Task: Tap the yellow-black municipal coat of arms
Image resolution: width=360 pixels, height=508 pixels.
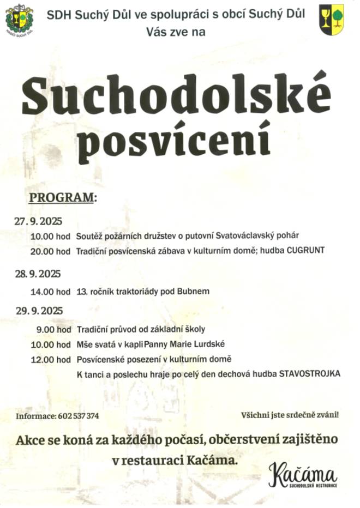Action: [x=331, y=19]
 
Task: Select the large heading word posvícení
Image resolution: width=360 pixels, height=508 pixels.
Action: [x=175, y=140]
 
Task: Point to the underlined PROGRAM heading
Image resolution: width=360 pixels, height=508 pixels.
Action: [x=62, y=197]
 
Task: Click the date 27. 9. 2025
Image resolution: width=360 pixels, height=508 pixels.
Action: [x=39, y=221]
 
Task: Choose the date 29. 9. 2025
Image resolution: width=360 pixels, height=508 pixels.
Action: [x=39, y=311]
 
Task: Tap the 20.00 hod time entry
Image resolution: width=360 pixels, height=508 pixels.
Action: [x=51, y=251]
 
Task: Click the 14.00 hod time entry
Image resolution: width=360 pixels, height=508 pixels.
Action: [x=51, y=292]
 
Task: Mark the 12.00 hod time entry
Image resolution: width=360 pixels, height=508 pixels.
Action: [x=51, y=359]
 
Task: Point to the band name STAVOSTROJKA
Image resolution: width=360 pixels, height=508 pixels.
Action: [x=310, y=374]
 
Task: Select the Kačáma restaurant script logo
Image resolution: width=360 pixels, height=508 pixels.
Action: [x=303, y=473]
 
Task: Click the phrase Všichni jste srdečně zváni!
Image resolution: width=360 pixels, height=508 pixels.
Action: [x=290, y=415]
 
